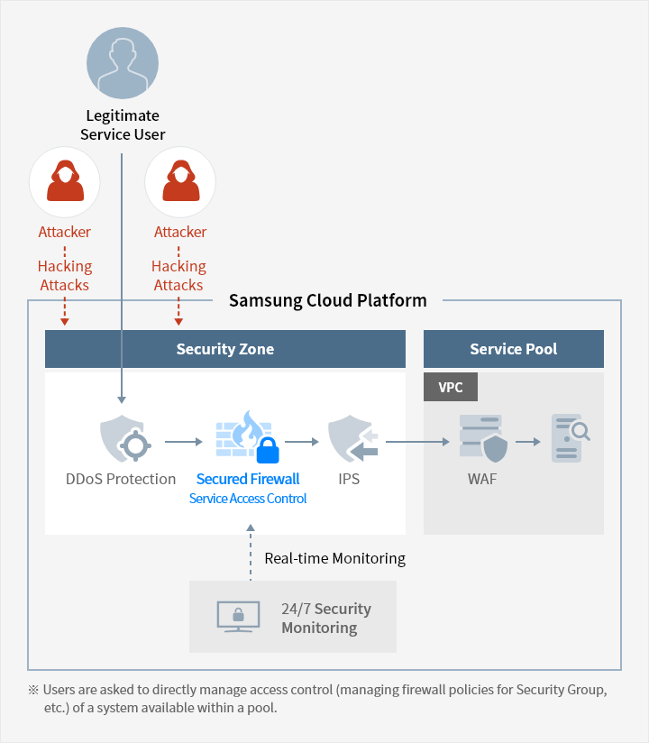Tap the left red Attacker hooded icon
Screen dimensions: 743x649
click(64, 182)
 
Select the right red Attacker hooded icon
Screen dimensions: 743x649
click(179, 182)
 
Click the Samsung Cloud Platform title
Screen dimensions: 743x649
click(327, 300)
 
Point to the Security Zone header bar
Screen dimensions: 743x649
click(225, 349)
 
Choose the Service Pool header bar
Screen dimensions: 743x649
click(513, 349)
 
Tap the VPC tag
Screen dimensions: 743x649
click(451, 387)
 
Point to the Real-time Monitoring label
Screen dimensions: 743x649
click(334, 559)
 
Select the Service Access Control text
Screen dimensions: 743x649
click(248, 499)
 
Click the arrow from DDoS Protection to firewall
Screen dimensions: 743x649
click(184, 442)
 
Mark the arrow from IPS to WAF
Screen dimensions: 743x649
click(417, 442)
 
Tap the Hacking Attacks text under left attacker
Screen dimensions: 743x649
click(64, 276)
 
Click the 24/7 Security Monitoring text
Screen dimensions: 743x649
click(325, 618)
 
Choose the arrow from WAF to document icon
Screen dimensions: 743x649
click(527, 442)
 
